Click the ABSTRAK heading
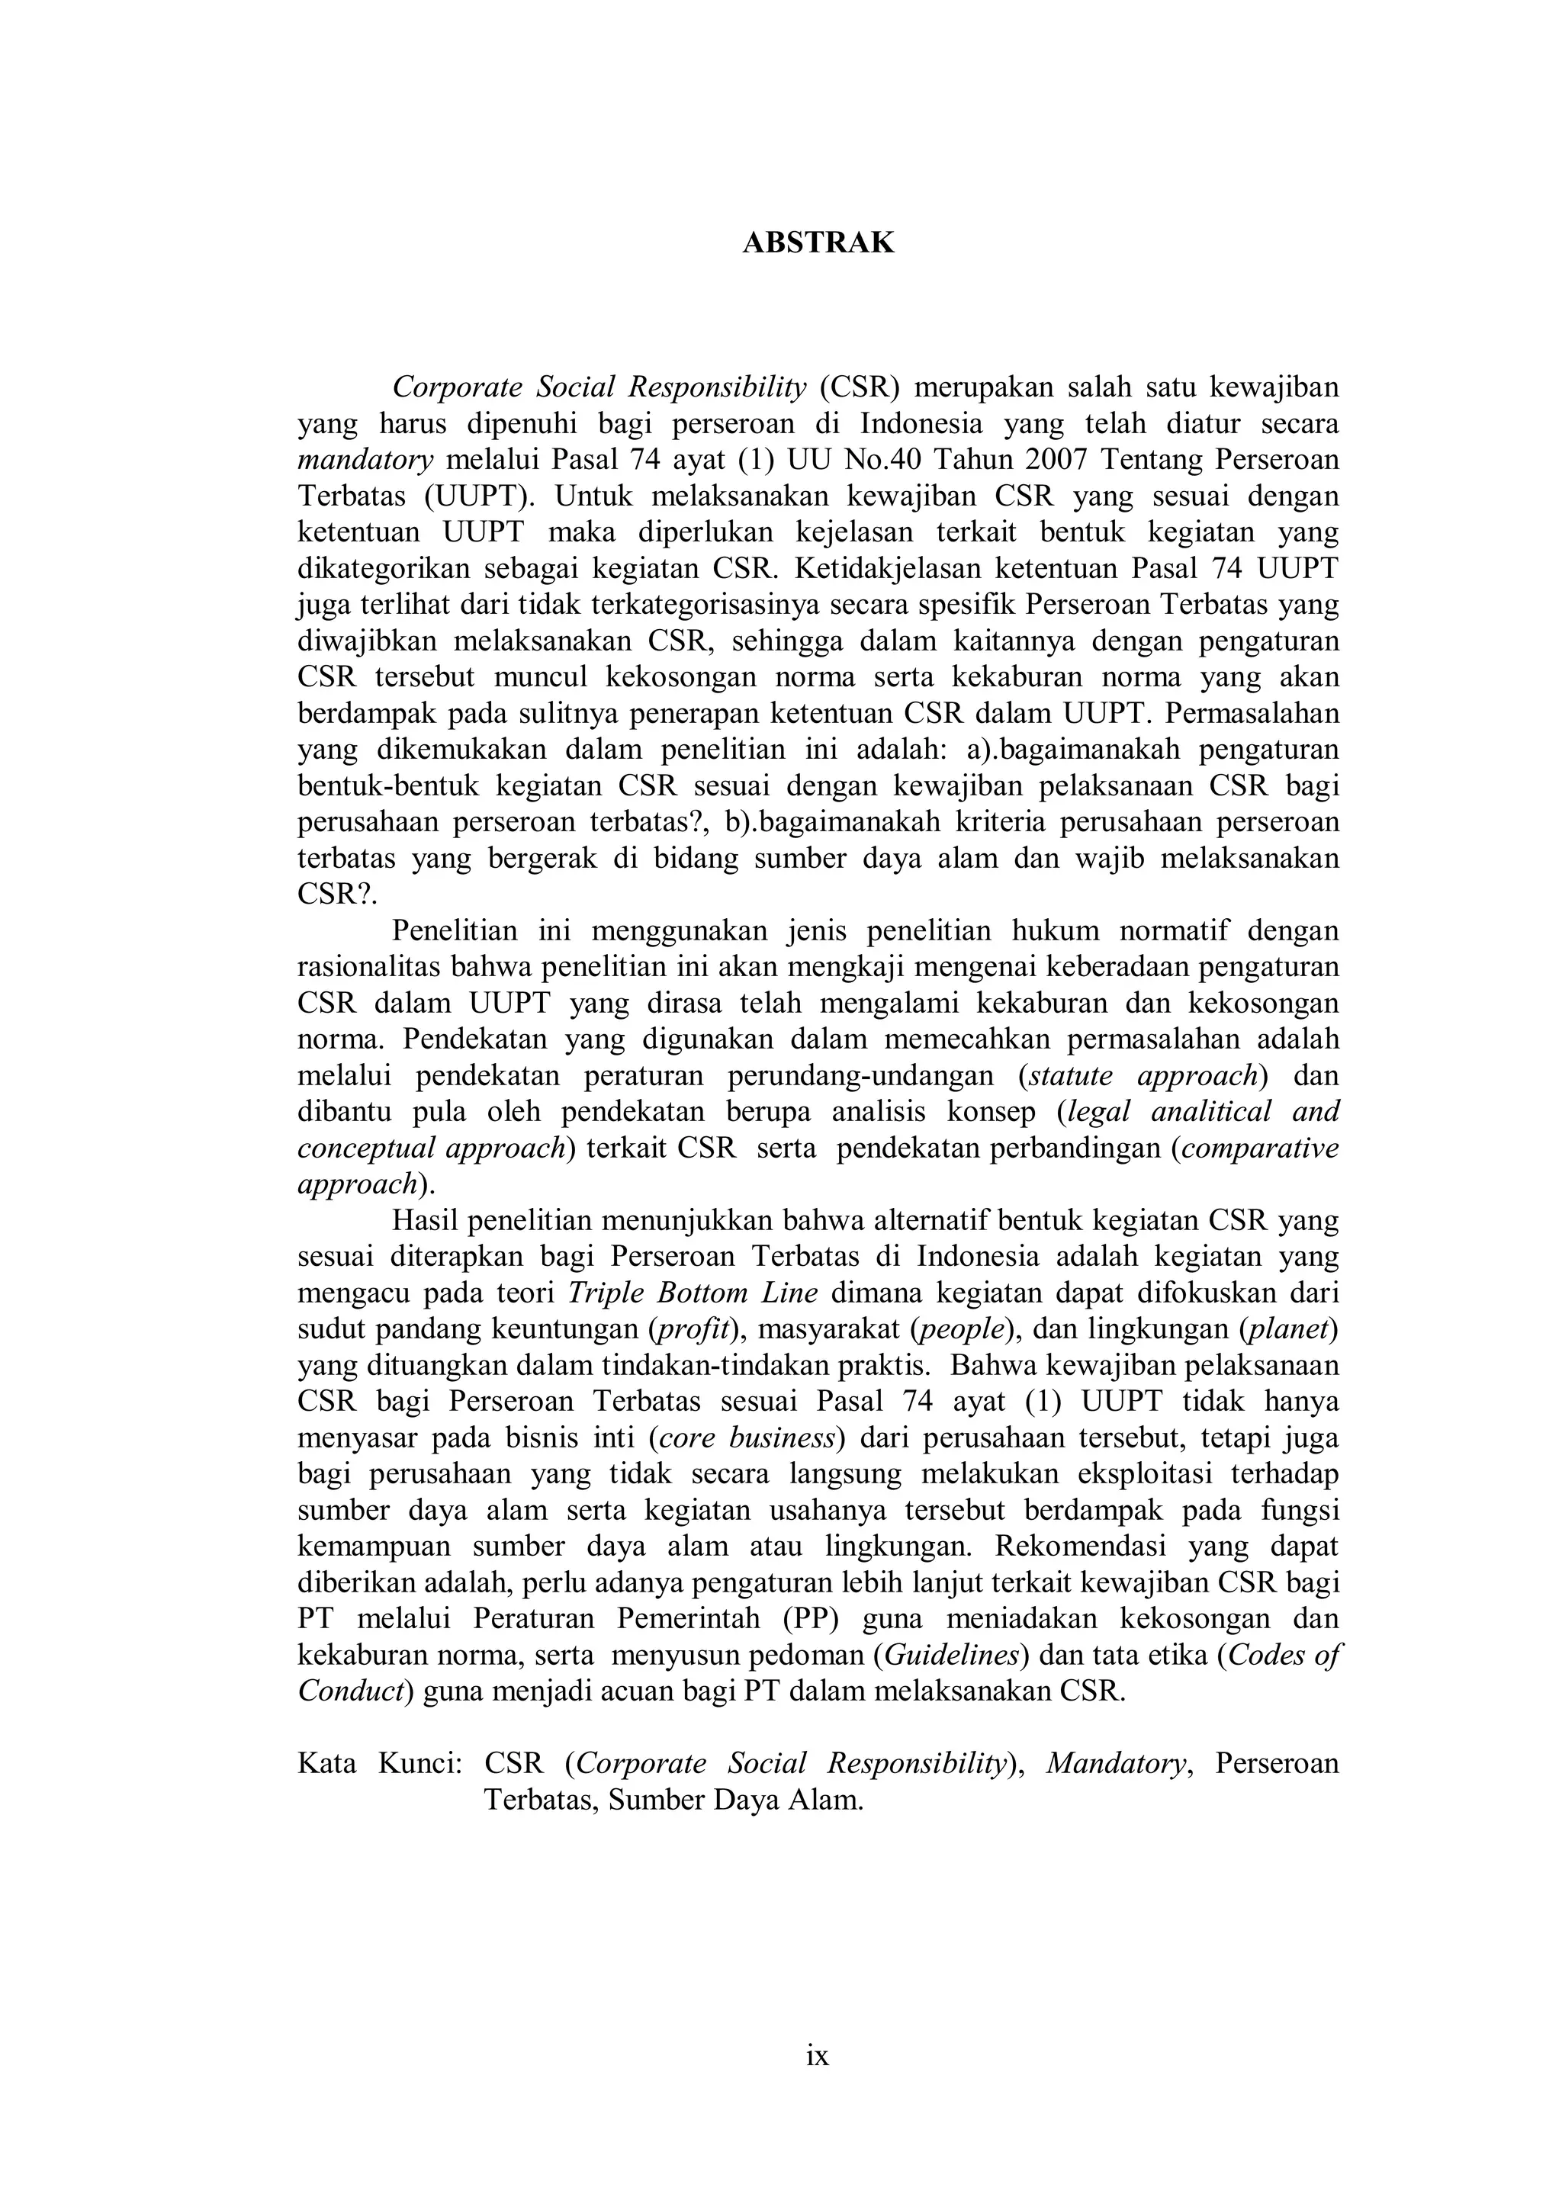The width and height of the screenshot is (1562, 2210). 818,243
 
